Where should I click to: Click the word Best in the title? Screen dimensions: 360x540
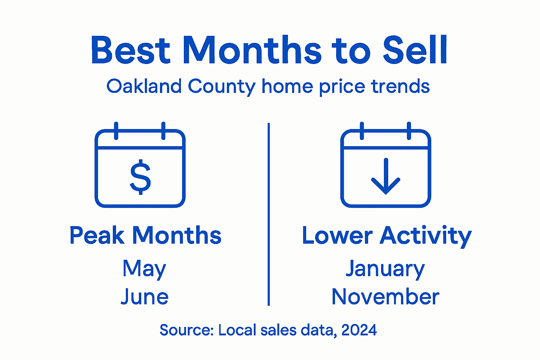pos(130,50)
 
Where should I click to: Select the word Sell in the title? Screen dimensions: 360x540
pos(415,50)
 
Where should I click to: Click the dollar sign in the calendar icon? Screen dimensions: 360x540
pos(140,177)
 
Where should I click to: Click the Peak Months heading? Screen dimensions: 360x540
pos(145,235)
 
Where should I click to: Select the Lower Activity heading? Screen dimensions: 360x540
pos(387,236)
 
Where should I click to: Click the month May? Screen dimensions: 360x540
pos(144,269)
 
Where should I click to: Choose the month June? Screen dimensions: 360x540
pos(144,297)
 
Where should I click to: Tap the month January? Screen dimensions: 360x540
pos(385,269)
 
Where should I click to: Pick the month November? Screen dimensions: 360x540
pos(385,297)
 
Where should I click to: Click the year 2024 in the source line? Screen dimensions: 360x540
pos(359,330)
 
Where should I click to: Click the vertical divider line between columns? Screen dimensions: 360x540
pos(269,214)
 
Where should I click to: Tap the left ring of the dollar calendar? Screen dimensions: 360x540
pos(116,131)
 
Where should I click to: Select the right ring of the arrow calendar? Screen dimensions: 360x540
pos(409,131)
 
